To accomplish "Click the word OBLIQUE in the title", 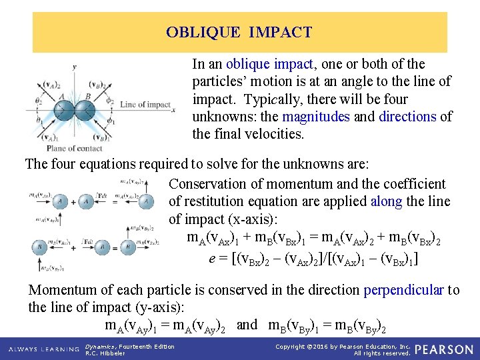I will tap(196, 32).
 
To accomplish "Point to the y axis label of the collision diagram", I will tap(74, 67).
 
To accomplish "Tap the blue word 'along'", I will tap(386, 201).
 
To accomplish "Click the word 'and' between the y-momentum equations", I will tap(247, 325).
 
